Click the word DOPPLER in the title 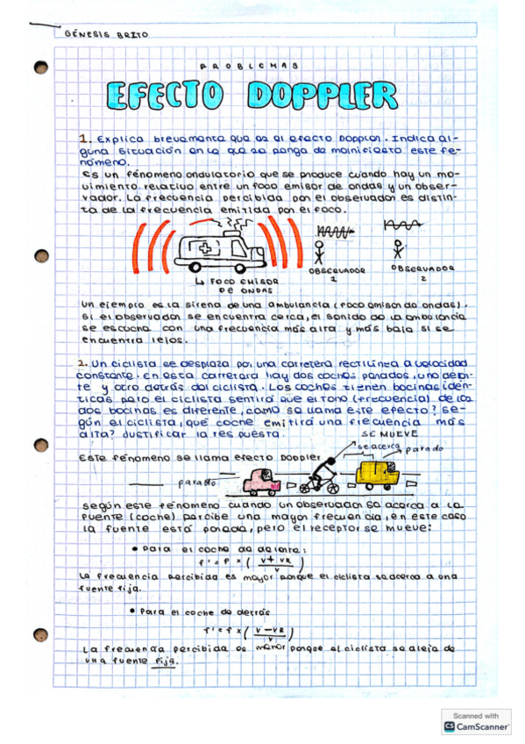[322, 95]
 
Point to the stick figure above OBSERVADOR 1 [319, 254]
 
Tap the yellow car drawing [378, 476]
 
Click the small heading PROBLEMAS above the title [250, 66]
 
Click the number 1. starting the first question [85, 139]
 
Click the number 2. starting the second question [82, 362]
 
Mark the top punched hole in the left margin [40, 68]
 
